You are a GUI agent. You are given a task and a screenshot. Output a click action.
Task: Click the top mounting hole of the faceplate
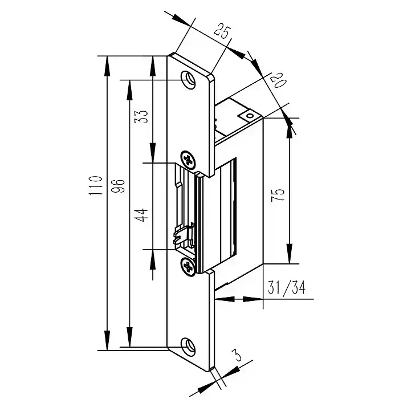point(188,79)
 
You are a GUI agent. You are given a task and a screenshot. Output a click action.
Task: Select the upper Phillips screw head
point(188,158)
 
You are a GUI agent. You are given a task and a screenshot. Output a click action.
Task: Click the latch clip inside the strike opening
point(184,236)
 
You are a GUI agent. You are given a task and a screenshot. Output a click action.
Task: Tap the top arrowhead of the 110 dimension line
point(107,63)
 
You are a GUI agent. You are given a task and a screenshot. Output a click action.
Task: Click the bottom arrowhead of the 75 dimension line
point(290,256)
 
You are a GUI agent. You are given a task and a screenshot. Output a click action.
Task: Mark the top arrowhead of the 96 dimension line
point(129,87)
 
